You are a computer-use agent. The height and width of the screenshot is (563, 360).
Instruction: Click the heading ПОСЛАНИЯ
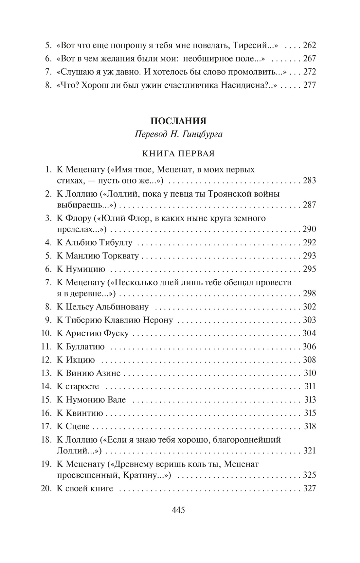[178, 121]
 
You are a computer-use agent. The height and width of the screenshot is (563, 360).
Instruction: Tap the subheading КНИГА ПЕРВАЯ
[178, 153]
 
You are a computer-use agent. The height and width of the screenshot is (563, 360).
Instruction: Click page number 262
[309, 45]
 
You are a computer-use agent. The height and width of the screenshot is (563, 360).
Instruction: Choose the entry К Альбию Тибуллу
[94, 242]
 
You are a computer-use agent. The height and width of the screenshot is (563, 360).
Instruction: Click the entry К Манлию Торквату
[98, 256]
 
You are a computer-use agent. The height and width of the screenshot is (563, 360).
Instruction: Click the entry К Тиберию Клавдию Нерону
[115, 320]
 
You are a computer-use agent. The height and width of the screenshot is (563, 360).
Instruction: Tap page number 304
[309, 333]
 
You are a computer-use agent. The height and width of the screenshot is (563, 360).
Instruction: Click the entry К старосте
[78, 387]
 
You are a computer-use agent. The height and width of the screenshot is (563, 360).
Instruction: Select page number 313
[310, 400]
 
